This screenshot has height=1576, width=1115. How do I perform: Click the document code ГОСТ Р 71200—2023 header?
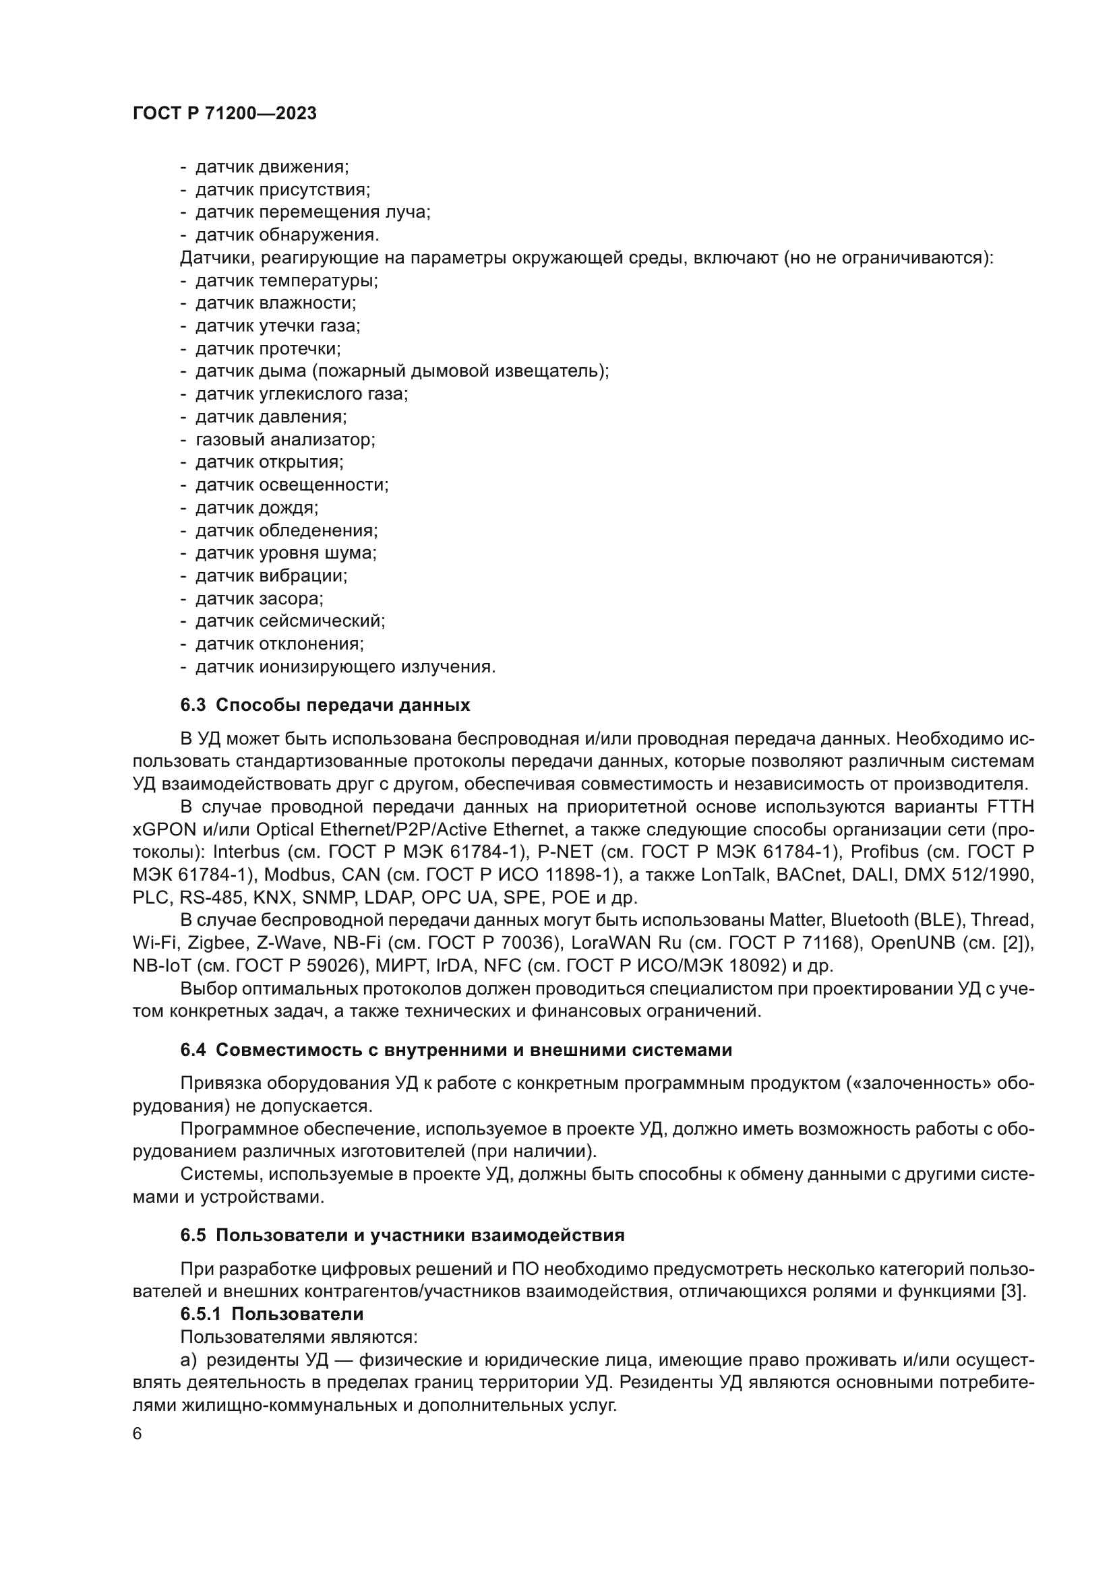pos(224,113)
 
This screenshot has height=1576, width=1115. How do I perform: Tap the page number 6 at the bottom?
pos(138,1434)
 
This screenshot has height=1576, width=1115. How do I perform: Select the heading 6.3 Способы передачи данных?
pos(325,705)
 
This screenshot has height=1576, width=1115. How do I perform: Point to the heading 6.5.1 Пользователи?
pos(272,1314)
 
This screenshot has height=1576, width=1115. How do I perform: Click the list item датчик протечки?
pos(268,349)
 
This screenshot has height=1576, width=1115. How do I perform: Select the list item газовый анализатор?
pos(285,439)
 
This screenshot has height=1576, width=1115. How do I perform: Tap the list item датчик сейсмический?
pos(290,621)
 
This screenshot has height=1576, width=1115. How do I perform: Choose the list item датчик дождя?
pos(257,508)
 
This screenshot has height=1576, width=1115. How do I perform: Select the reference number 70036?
pos(526,943)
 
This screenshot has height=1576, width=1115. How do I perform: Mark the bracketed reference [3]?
pos(1011,1291)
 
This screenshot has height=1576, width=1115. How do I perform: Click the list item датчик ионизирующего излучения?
pos(344,666)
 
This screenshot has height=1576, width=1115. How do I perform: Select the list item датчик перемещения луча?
pos(312,212)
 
